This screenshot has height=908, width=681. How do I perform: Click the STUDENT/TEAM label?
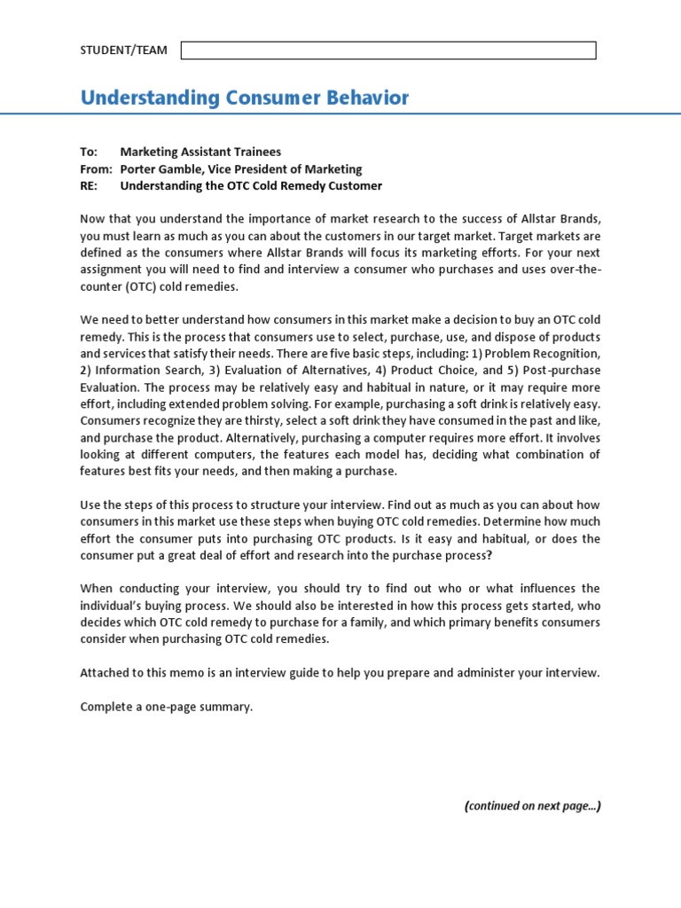click(123, 51)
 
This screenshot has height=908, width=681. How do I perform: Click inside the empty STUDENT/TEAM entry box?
click(388, 51)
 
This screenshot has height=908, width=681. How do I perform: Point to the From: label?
click(96, 168)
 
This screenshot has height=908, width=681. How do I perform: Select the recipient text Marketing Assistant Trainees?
click(200, 152)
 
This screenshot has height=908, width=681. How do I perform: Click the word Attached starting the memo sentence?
click(106, 673)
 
